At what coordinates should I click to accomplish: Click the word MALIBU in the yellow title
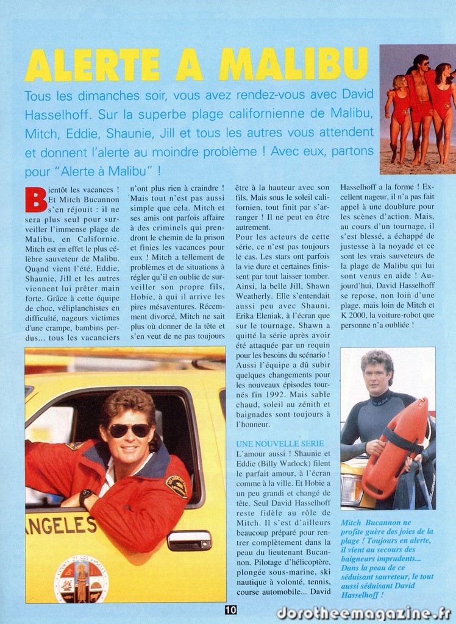(x=294, y=65)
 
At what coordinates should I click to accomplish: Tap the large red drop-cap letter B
(x=35, y=199)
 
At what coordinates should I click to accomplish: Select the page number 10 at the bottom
(x=230, y=609)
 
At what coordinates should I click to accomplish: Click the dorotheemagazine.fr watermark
(x=363, y=613)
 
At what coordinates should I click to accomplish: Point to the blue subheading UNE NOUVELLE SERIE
(x=280, y=443)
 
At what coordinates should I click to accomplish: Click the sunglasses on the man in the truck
(x=129, y=430)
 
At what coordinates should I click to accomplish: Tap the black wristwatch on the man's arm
(x=85, y=496)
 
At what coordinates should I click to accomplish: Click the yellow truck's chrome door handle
(x=189, y=540)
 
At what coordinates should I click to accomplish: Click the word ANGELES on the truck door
(x=60, y=525)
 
